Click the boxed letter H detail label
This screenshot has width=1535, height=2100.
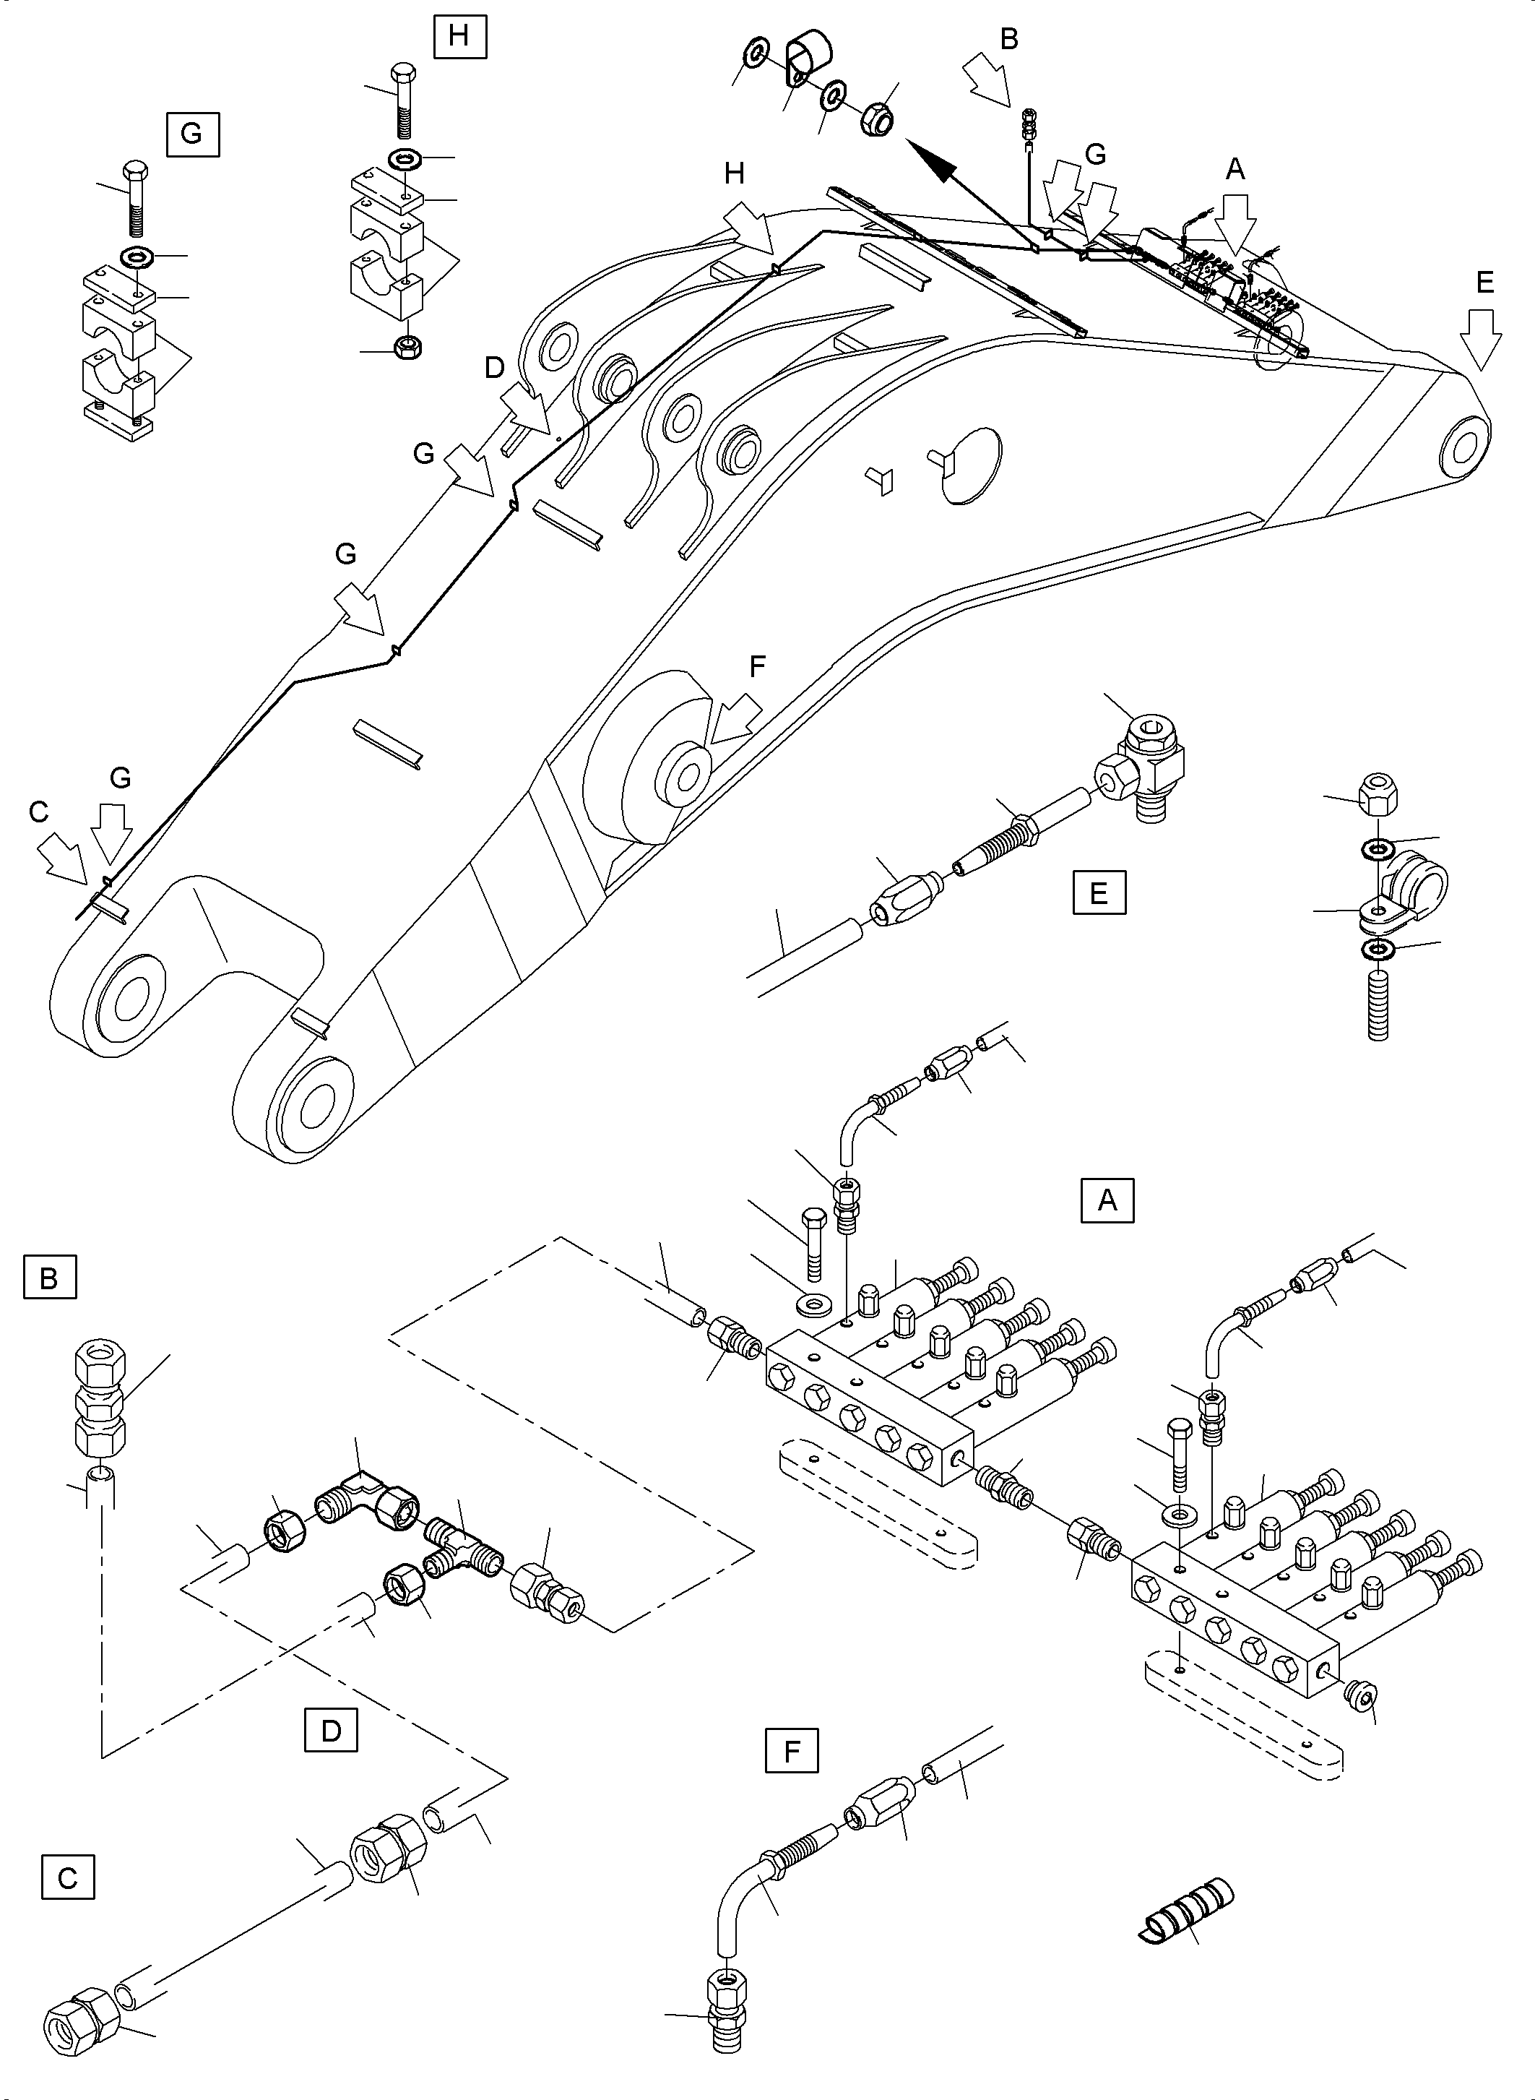click(459, 36)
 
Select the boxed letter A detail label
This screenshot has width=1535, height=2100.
click(1107, 1200)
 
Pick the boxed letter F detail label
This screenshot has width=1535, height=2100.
click(792, 1752)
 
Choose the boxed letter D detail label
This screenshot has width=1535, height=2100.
click(331, 1730)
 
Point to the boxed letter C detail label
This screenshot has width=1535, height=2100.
click(68, 1879)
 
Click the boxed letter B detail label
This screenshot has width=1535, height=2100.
click(49, 1278)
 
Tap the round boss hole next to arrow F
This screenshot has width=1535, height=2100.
click(682, 770)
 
